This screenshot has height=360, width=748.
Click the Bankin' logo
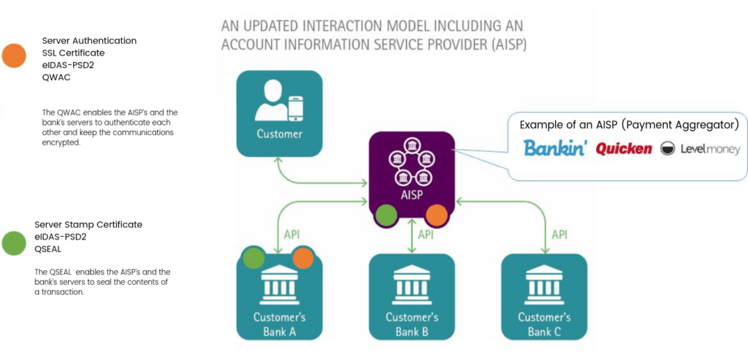(x=554, y=148)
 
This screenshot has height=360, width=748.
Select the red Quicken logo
(x=624, y=149)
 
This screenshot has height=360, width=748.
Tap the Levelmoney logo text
(x=710, y=150)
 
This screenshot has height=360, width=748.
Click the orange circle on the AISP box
(x=437, y=215)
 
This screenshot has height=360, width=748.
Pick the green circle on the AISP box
(x=386, y=215)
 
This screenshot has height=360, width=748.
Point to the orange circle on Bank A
(x=303, y=258)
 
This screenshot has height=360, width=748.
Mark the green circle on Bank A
(x=253, y=258)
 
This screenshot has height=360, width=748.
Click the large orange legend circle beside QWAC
(x=14, y=55)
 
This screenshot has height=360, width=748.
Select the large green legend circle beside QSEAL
(x=14, y=242)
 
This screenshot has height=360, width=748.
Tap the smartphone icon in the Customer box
(x=296, y=109)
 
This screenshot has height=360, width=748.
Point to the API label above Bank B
(x=427, y=234)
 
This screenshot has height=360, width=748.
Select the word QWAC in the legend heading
(x=56, y=77)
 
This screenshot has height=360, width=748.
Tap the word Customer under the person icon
(x=280, y=134)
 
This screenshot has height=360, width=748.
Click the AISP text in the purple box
(x=412, y=195)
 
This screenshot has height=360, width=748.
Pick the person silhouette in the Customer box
(x=270, y=101)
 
